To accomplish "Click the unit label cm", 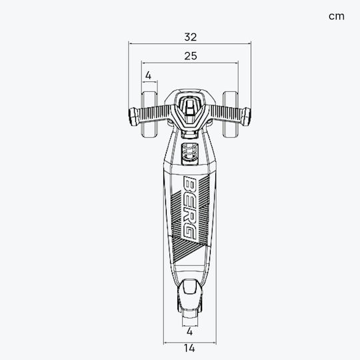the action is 337,17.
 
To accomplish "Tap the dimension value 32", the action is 191,37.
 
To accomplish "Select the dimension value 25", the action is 191,56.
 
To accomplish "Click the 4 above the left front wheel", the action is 148,75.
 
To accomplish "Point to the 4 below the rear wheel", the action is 189,331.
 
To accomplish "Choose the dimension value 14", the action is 189,348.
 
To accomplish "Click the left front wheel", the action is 149,114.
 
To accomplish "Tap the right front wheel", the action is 230,114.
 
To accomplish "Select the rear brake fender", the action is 189,295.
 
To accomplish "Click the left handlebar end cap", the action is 133,117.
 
